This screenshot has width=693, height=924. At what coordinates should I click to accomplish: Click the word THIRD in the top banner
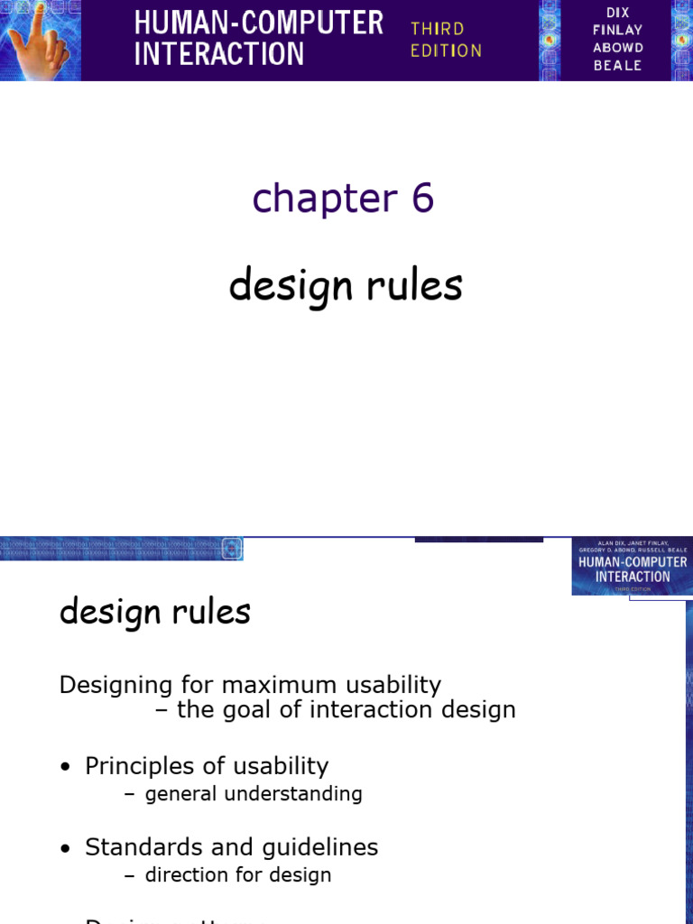(437, 29)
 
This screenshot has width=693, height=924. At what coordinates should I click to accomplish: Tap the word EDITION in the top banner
(446, 51)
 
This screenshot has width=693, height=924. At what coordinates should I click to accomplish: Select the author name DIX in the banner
(618, 13)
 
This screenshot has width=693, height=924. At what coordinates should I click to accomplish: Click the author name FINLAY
(618, 30)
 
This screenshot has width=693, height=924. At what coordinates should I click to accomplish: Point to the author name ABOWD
(618, 47)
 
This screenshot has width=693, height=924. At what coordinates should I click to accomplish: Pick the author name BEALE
(618, 65)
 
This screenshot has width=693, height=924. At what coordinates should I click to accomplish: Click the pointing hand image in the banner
(40, 41)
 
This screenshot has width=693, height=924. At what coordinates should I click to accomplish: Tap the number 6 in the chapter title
(422, 198)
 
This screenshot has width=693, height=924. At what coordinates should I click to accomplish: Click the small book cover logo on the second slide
(632, 567)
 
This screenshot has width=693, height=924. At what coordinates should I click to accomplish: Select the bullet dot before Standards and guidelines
(64, 848)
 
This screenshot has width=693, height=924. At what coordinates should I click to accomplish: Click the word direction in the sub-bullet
(186, 874)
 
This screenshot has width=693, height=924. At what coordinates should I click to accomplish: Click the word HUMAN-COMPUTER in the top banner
(258, 22)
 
